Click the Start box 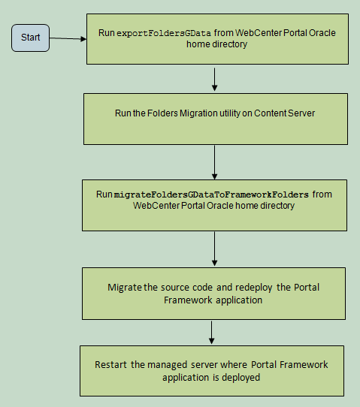pyautogui.click(x=30, y=38)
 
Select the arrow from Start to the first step pyautogui.click(x=68, y=39)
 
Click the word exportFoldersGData pyautogui.click(x=164, y=34)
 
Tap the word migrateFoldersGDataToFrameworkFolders pyautogui.click(x=211, y=194)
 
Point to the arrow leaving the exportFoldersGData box pyautogui.click(x=214, y=80)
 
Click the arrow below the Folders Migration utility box pyautogui.click(x=214, y=162)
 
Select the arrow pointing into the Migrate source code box pyautogui.click(x=214, y=249)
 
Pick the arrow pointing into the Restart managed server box pyautogui.click(x=212, y=333)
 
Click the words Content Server pyautogui.click(x=284, y=113)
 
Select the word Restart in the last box pyautogui.click(x=111, y=365)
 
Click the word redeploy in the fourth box pyautogui.click(x=254, y=288)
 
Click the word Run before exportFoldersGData pyautogui.click(x=107, y=33)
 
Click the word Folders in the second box pyautogui.click(x=162, y=113)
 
